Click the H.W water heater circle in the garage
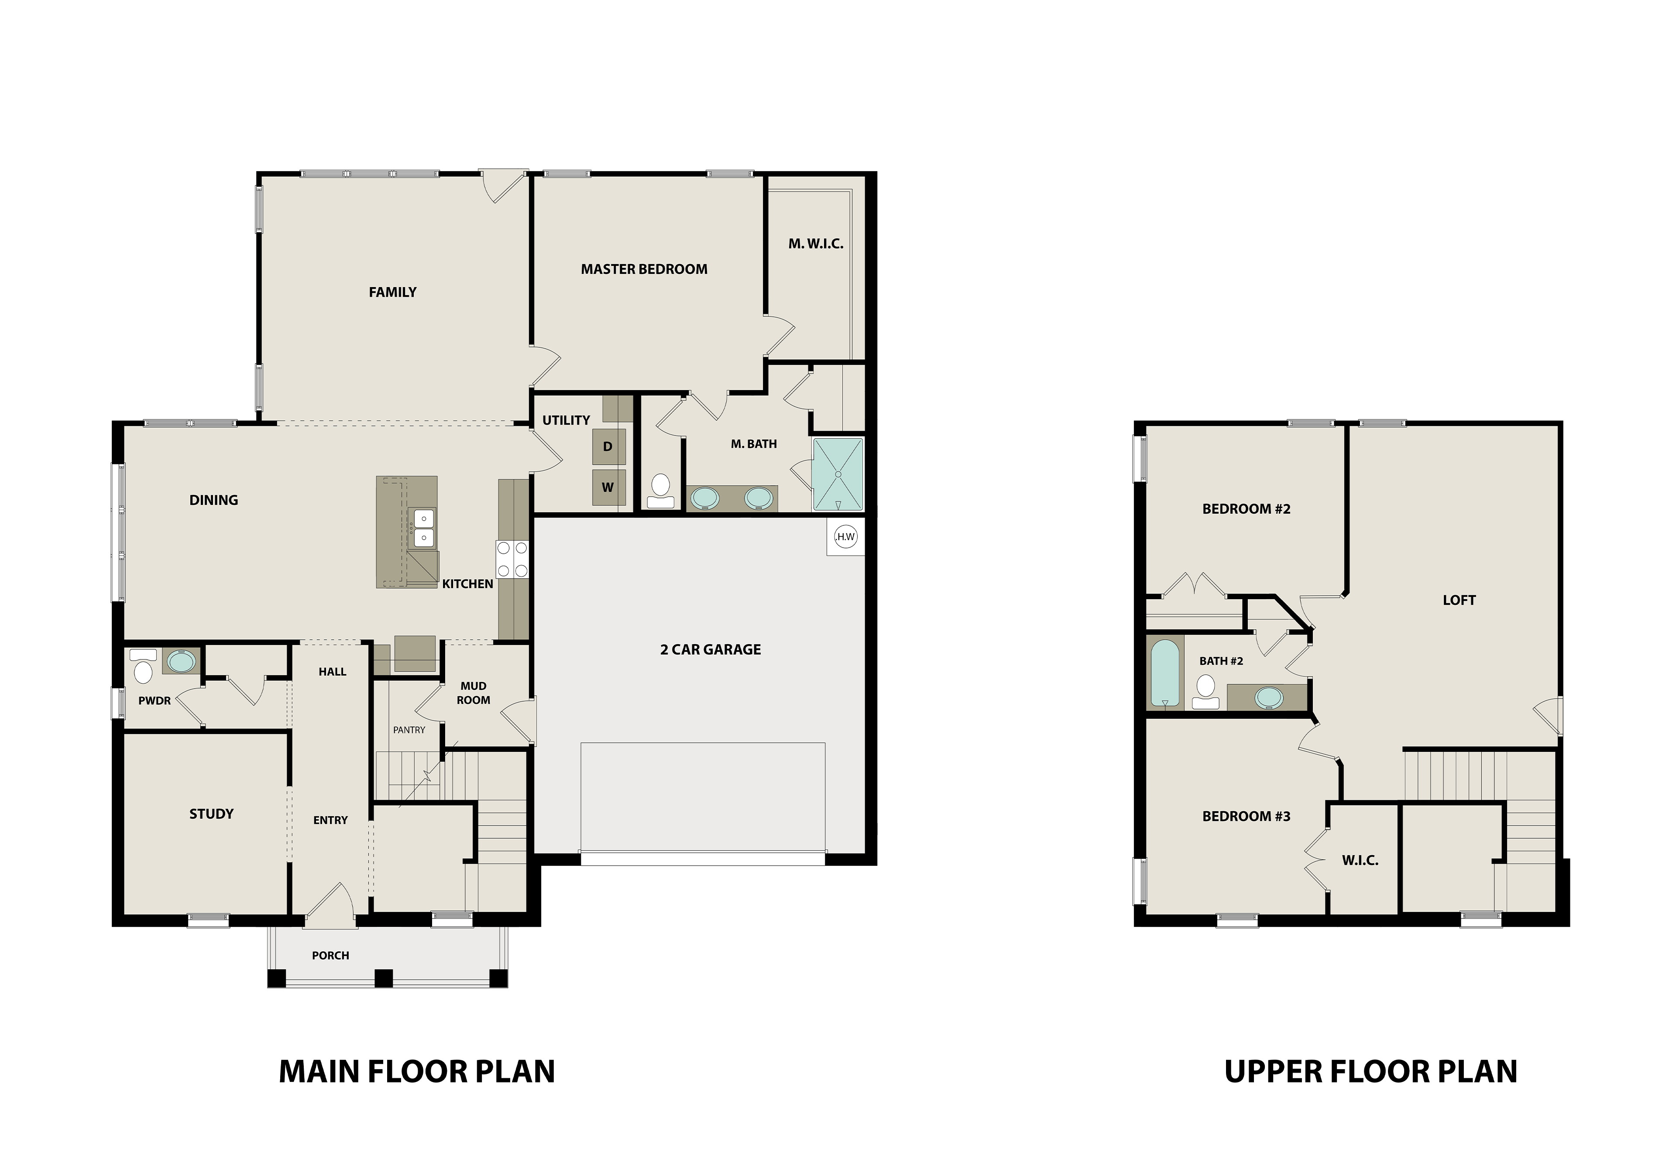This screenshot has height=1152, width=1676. [845, 536]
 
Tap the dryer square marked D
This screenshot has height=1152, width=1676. [608, 447]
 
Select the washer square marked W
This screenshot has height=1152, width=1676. [608, 487]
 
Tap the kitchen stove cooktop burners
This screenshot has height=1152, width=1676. [512, 559]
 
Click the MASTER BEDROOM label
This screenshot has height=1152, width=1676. [644, 269]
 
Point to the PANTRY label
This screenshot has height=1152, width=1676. [409, 730]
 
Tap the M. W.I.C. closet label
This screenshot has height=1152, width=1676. [816, 244]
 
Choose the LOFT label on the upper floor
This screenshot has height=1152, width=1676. [1459, 600]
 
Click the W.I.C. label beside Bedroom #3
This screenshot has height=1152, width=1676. [1360, 861]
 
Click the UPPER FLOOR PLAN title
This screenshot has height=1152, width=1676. [1370, 1072]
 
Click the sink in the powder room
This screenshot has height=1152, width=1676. [180, 661]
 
